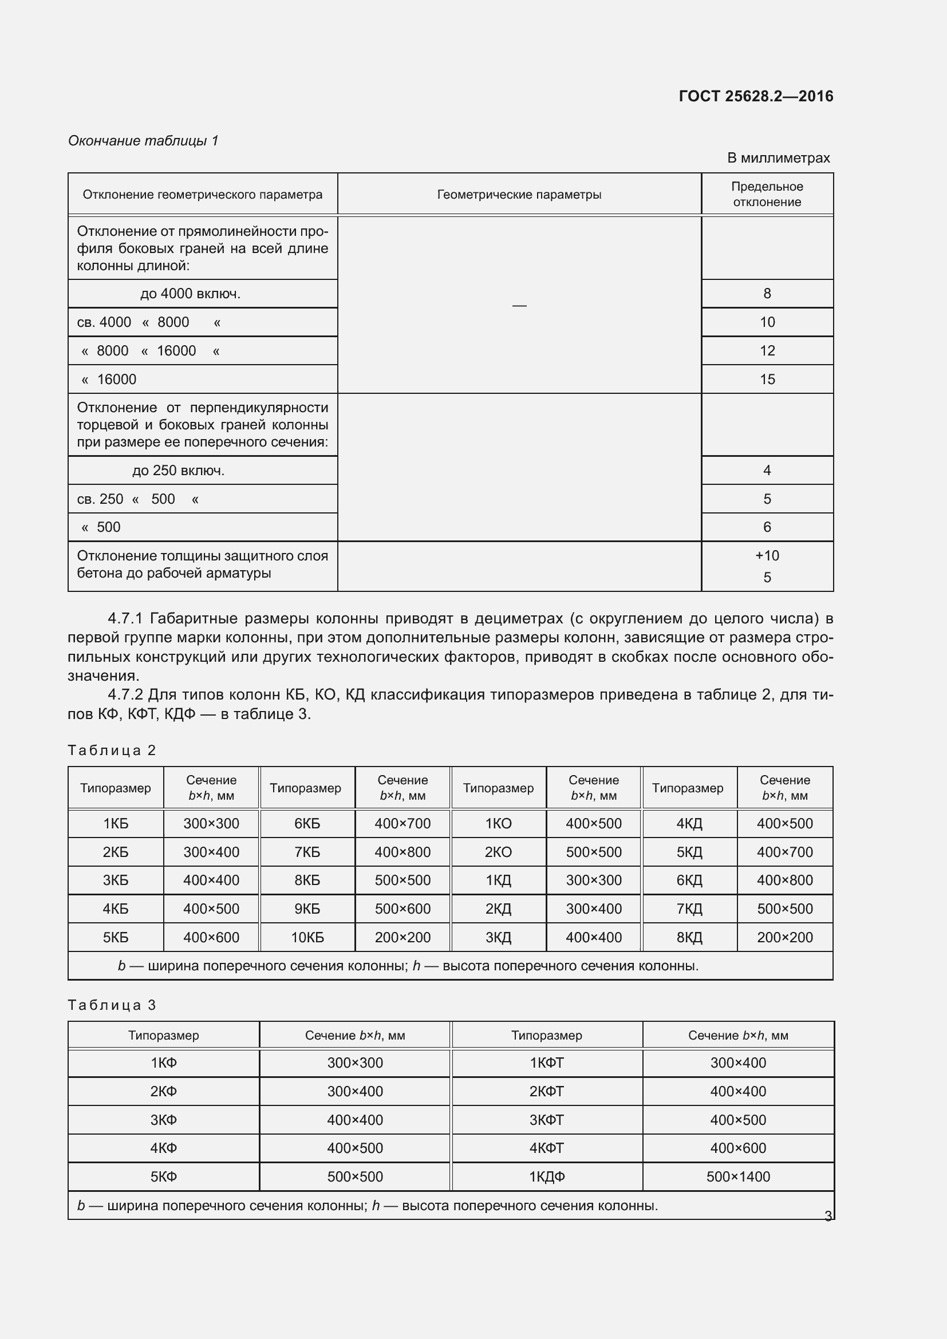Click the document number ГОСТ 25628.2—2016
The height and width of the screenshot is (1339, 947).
[756, 96]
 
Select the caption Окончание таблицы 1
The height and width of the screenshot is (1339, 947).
[143, 141]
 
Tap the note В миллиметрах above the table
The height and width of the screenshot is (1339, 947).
[778, 158]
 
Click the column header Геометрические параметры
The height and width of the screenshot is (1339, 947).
[519, 195]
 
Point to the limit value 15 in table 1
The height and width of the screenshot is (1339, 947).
[767, 380]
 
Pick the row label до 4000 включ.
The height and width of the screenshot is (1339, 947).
[190, 294]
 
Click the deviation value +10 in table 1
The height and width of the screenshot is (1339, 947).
[767, 556]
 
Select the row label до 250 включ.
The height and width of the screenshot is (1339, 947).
[178, 471]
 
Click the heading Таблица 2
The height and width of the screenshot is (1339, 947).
[112, 751]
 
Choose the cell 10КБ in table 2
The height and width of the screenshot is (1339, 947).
[307, 938]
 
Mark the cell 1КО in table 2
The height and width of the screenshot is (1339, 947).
[498, 824]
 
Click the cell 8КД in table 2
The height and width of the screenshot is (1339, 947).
[689, 938]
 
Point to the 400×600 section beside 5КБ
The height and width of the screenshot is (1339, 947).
[211, 938]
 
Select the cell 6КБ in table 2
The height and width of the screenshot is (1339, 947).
[307, 824]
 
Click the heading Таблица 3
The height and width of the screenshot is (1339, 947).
[112, 1005]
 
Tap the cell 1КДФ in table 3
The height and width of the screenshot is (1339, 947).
[546, 1177]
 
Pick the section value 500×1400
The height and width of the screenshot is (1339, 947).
[737, 1177]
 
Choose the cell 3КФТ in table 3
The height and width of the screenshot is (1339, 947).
[546, 1120]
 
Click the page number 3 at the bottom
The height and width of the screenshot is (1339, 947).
[827, 1216]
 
